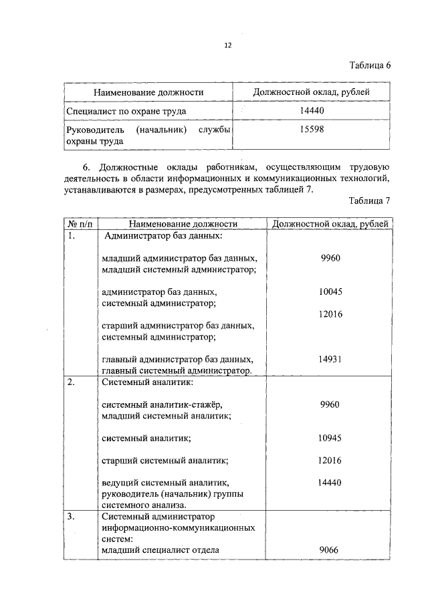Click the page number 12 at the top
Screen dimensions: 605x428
[227, 45]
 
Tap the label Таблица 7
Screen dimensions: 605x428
[369, 201]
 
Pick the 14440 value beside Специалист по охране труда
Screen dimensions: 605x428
[312, 110]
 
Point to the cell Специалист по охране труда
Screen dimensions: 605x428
[126, 111]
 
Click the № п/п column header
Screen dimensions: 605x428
[80, 224]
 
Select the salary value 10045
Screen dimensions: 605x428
[330, 291]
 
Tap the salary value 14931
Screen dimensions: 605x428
[330, 359]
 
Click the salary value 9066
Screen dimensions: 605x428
[330, 550]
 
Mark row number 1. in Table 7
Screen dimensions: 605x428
[72, 235]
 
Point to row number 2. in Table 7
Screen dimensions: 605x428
[72, 382]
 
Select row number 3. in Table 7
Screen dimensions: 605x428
[72, 517]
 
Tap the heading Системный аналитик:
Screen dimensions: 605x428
[148, 382]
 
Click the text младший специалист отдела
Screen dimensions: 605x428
[160, 550]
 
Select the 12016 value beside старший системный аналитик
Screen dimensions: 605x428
[330, 461]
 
